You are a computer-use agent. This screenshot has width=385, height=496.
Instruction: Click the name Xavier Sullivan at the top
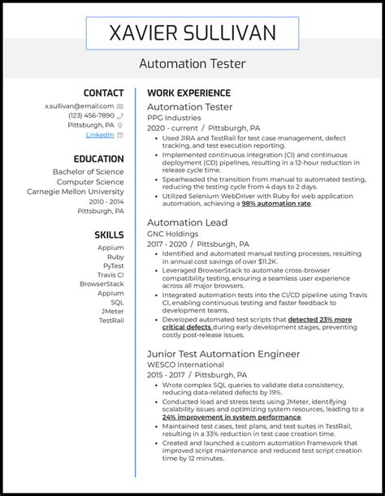(x=192, y=33)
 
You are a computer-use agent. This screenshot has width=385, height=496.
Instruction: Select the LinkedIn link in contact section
(x=100, y=135)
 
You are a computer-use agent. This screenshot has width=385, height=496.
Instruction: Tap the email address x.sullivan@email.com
(x=79, y=106)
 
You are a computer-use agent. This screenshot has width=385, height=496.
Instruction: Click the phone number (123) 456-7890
(x=91, y=115)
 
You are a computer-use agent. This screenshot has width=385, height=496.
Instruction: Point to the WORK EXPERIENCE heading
(x=188, y=93)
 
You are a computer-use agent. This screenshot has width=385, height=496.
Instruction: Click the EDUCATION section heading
(x=98, y=159)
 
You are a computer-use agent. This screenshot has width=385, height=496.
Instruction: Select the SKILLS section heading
(x=109, y=235)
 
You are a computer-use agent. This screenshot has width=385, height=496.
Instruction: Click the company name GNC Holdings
(x=173, y=234)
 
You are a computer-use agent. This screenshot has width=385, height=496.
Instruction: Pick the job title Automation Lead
(x=187, y=222)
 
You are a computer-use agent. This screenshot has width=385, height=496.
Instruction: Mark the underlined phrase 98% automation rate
(x=276, y=204)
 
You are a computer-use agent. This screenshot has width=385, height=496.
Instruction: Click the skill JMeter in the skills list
(x=111, y=310)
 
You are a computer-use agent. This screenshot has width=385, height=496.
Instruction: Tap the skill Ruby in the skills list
(x=115, y=255)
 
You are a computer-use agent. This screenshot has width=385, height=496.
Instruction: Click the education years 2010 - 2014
(x=106, y=201)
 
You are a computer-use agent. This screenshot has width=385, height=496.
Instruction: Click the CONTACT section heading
(x=104, y=93)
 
